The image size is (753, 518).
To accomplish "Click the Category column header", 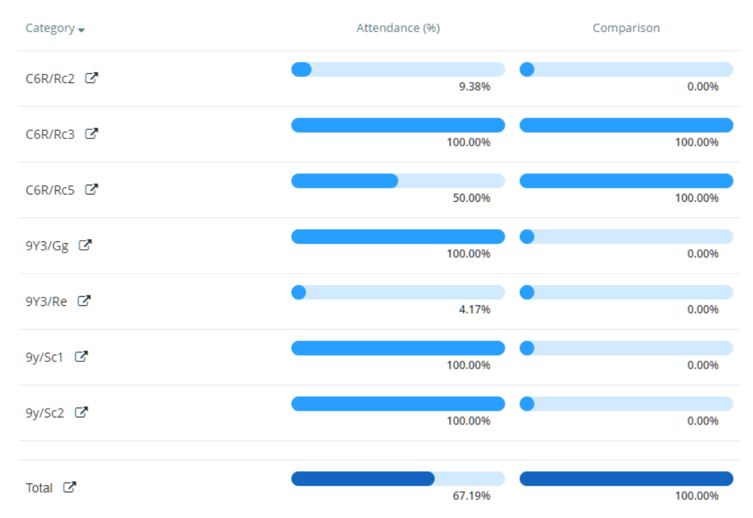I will (x=50, y=29).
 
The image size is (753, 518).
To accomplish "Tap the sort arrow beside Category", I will (x=82, y=30).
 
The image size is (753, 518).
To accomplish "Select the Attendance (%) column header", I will (x=398, y=28).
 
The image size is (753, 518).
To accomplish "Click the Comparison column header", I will (x=626, y=28).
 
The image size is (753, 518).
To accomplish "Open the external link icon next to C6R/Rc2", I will (x=91, y=78).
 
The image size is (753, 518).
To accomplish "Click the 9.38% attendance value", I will (x=474, y=87).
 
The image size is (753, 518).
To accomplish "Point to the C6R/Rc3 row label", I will (x=50, y=134).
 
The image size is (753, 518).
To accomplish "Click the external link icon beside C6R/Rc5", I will (x=91, y=190).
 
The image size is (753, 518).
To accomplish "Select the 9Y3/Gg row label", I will (x=47, y=246).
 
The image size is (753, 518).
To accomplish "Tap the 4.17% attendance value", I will (x=474, y=310).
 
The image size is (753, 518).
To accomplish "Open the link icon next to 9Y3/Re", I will (x=84, y=301).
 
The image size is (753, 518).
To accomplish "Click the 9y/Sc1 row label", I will (x=44, y=357).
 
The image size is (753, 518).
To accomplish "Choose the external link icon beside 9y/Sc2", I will (x=81, y=413).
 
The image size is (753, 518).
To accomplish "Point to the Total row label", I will (x=39, y=488).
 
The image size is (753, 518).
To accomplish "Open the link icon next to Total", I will (x=70, y=488).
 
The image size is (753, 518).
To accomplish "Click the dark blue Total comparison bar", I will (x=626, y=479).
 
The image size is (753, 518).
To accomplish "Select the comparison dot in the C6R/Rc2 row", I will (x=527, y=69).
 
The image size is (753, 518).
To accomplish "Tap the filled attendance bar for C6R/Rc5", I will (x=344, y=181).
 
